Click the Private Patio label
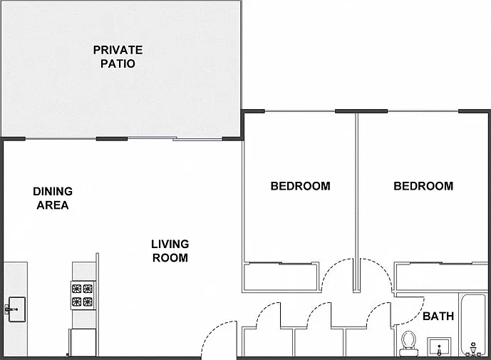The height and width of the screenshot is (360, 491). [x=118, y=57]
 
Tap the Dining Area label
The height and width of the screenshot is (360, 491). [x=53, y=198]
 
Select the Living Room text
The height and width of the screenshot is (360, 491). [x=170, y=251]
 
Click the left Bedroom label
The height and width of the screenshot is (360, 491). [x=300, y=186]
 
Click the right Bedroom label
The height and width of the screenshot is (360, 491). [x=423, y=186]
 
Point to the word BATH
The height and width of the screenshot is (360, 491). [x=438, y=316]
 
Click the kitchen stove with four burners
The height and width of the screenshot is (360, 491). [x=83, y=295]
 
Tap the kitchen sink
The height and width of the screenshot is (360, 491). [x=16, y=309]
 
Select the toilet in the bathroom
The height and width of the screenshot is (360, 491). [x=408, y=344]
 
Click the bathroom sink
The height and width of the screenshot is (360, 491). [x=439, y=347]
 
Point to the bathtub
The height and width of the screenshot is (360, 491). [x=473, y=325]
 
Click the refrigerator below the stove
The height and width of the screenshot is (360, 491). [x=83, y=342]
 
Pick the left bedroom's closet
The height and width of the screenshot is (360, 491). [x=281, y=277]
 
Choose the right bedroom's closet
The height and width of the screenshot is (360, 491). [x=441, y=277]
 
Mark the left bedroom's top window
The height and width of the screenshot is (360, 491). [x=300, y=111]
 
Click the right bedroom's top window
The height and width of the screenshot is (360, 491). [x=423, y=111]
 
